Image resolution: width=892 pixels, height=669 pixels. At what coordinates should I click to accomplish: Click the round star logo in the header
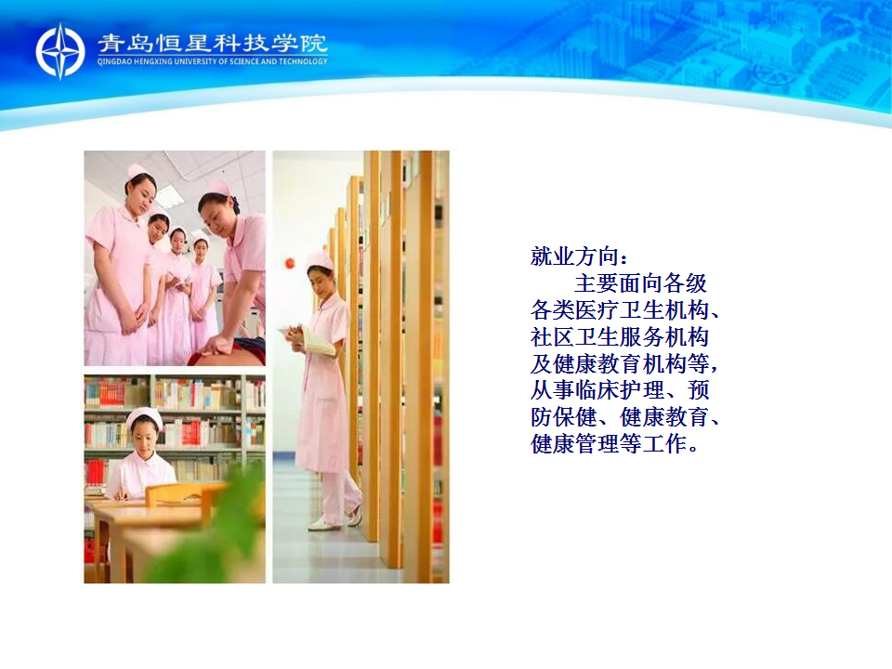(60, 51)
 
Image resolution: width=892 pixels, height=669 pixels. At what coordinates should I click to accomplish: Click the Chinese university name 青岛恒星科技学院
(213, 44)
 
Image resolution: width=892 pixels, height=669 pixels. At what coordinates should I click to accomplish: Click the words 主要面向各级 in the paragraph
(640, 283)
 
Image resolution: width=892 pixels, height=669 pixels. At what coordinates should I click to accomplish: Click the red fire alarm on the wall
(290, 263)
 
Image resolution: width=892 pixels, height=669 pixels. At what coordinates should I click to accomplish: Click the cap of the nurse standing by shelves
(321, 260)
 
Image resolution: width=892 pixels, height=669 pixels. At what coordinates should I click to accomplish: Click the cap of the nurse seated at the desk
(145, 417)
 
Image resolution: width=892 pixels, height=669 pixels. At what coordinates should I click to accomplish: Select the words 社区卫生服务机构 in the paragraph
(619, 336)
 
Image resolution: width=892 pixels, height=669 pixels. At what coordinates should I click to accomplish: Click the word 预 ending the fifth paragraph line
(698, 389)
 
